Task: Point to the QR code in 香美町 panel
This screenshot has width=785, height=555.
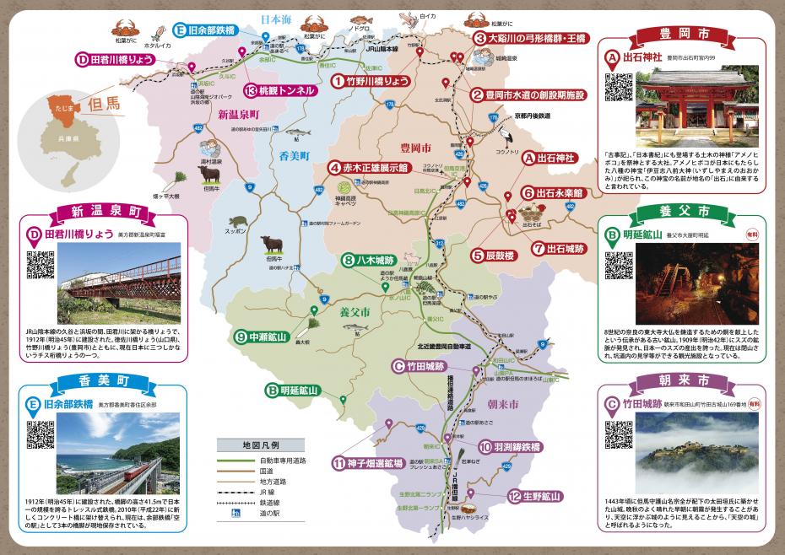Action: pyautogui.click(x=41, y=434)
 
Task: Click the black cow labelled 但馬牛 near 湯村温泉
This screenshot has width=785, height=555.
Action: pyautogui.click(x=208, y=175)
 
